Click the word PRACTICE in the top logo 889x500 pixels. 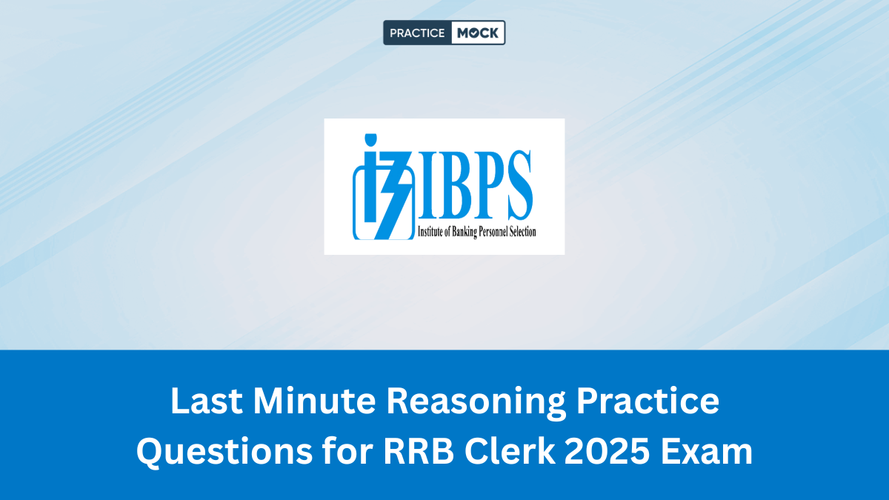coord(417,33)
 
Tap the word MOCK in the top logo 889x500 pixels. coord(478,33)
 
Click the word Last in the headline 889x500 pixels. coord(202,401)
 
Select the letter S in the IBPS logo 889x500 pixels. coord(517,185)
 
